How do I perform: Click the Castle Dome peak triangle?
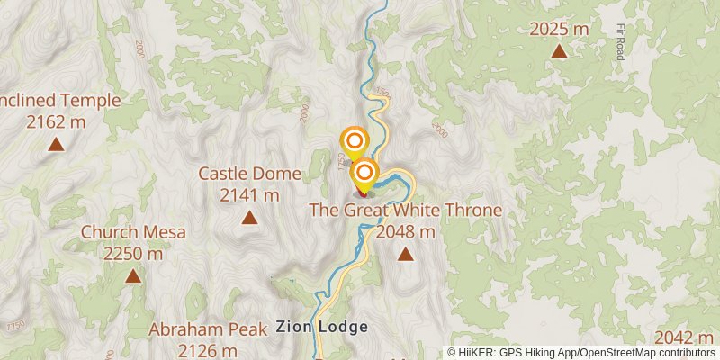pyautogui.click(x=248, y=217)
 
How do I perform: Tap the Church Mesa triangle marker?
pyautogui.click(x=133, y=276)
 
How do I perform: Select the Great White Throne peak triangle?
pyautogui.click(x=406, y=254)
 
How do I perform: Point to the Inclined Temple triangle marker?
pyautogui.click(x=56, y=144)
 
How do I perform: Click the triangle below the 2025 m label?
pyautogui.click(x=559, y=51)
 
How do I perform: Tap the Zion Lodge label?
pyautogui.click(x=322, y=327)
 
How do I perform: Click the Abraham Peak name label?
pyautogui.click(x=208, y=329)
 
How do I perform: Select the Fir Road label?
pyautogui.click(x=620, y=41)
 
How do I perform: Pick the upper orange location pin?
pyautogui.click(x=355, y=141)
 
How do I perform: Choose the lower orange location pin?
pyautogui.click(x=364, y=172)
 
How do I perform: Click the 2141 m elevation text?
pyautogui.click(x=249, y=194)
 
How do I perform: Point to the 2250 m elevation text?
pyautogui.click(x=133, y=254)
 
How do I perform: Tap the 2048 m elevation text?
pyautogui.click(x=406, y=232)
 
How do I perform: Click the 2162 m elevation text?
pyautogui.click(x=56, y=121)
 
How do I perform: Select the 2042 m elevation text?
pyautogui.click(x=686, y=337)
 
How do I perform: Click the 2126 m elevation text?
pyautogui.click(x=208, y=350)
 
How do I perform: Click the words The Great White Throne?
pyautogui.click(x=406, y=211)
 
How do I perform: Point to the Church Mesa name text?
pyautogui.click(x=133, y=232)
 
